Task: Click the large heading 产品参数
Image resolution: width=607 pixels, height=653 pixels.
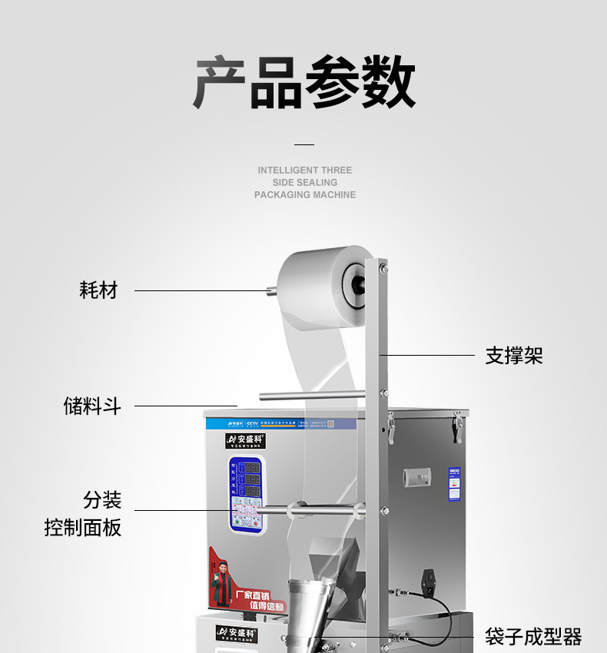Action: coord(304,83)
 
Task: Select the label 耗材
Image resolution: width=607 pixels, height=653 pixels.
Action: coord(98,290)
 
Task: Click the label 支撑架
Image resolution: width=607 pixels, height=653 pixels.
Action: coord(514,356)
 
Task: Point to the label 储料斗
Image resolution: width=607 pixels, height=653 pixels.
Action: coord(92,406)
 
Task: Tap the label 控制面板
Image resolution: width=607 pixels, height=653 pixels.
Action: coord(83,528)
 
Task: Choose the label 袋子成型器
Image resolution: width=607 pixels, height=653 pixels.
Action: coord(533,636)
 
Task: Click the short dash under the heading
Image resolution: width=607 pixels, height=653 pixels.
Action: coord(304,144)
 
